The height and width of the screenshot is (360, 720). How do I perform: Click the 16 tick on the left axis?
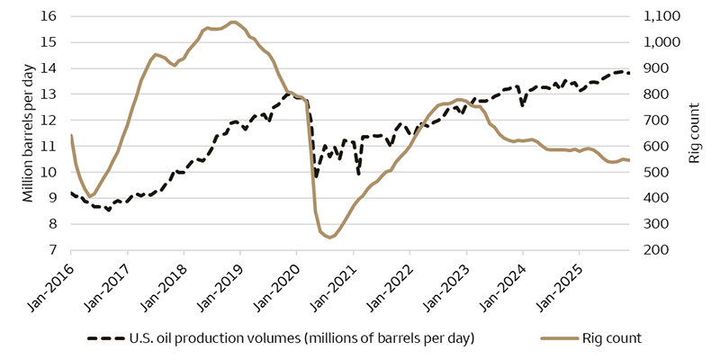[x=49, y=16]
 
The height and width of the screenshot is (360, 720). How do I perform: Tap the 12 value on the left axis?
[x=49, y=120]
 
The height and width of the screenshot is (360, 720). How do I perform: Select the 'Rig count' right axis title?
[x=694, y=133]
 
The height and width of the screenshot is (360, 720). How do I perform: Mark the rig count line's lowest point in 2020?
[x=330, y=238]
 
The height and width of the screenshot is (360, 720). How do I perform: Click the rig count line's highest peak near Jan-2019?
[x=233, y=22]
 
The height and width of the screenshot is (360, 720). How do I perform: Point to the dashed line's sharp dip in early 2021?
[x=358, y=171]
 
